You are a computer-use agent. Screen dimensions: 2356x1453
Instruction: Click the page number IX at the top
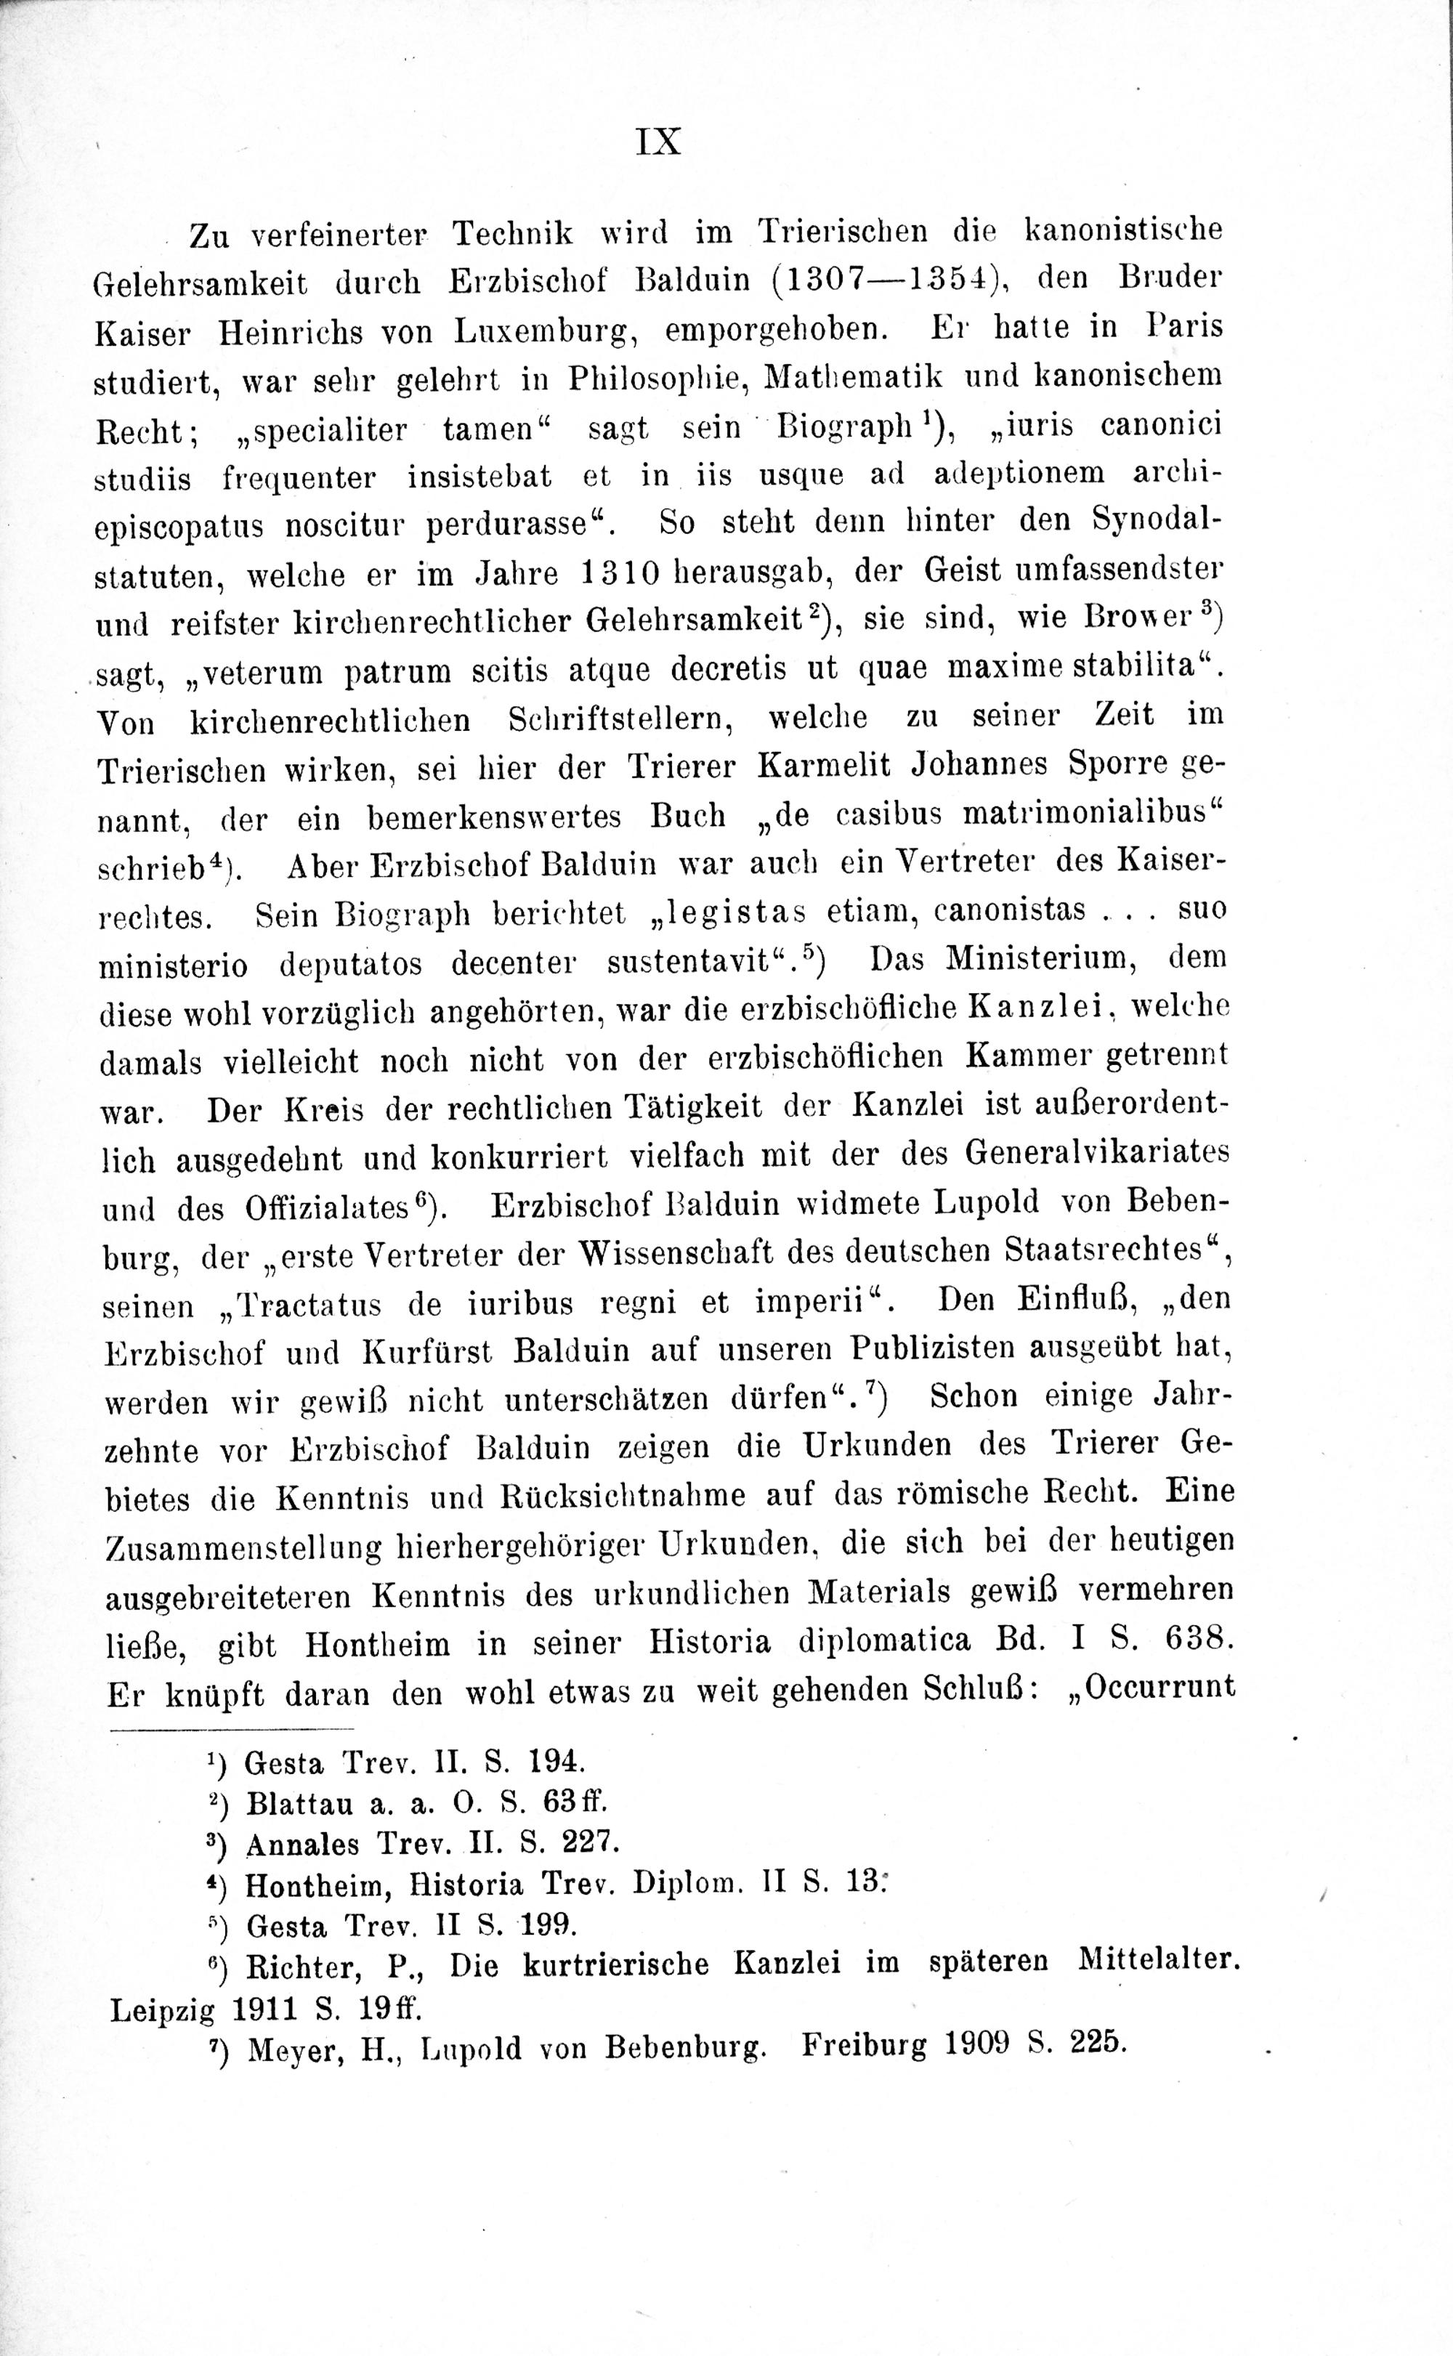(x=659, y=142)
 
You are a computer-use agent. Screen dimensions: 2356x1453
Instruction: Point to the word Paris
(x=1185, y=327)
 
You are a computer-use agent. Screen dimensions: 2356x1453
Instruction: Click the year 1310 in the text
(x=620, y=574)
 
